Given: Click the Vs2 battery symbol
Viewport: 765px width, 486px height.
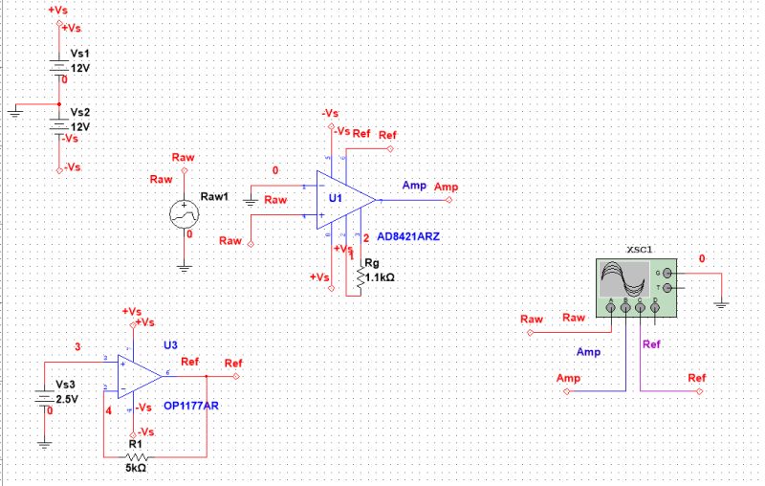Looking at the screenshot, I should tap(59, 124).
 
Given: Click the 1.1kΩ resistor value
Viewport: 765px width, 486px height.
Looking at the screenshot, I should tap(379, 277).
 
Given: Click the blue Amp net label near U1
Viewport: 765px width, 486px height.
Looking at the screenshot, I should tap(414, 186).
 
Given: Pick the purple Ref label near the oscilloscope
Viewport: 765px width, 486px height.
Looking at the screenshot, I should tap(651, 344).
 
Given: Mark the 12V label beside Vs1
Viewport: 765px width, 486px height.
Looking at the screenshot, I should tap(80, 70).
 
